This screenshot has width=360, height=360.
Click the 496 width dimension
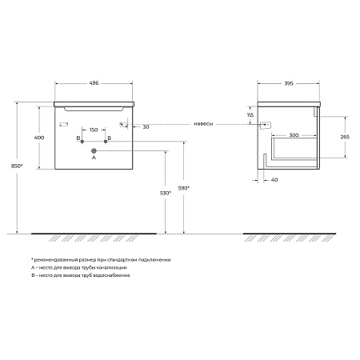point(94,83)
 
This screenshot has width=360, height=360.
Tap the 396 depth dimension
point(289,83)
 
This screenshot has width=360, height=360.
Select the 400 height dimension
point(39,138)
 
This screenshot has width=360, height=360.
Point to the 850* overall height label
point(17,166)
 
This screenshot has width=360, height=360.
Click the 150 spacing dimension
point(94,130)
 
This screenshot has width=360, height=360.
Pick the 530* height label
point(166,193)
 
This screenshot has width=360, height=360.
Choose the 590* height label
point(183,188)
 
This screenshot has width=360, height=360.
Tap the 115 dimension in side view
point(250,115)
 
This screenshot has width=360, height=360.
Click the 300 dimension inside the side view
point(294,135)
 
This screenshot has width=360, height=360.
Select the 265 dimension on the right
point(345,137)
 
